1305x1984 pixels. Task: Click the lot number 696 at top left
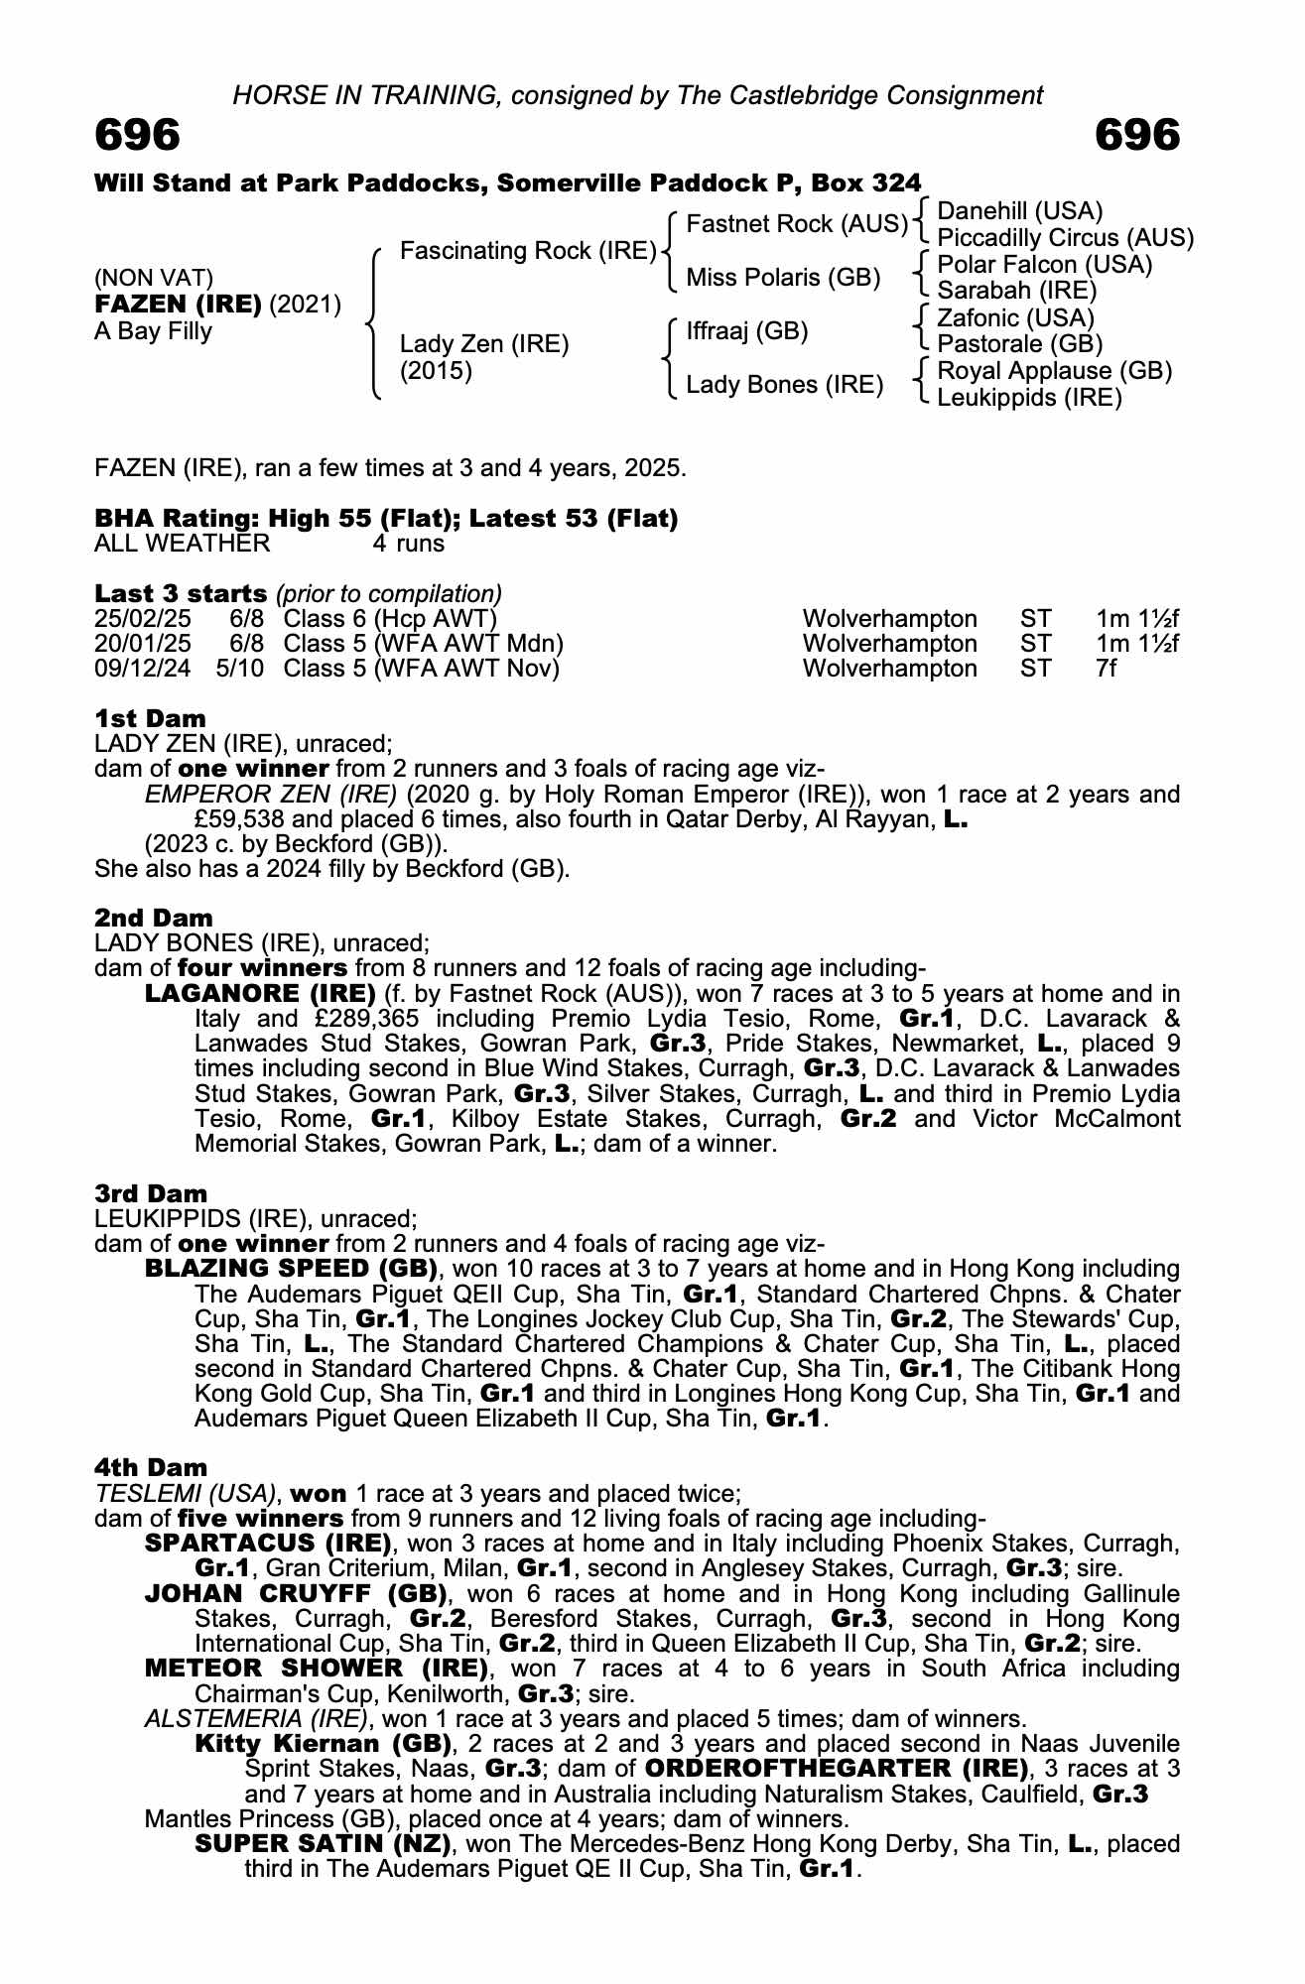coord(138,135)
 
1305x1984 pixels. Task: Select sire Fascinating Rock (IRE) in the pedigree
coord(528,251)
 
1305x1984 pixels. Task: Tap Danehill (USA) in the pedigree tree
coord(1020,211)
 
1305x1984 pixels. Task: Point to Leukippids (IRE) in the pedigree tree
coord(1029,398)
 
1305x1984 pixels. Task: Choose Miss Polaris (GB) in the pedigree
coord(783,278)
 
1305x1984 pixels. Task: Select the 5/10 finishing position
coord(240,669)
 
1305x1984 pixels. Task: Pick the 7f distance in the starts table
coord(1106,669)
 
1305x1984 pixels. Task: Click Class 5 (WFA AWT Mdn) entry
coord(423,644)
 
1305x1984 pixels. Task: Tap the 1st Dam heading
coord(150,718)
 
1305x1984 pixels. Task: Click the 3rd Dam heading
coord(151,1193)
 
